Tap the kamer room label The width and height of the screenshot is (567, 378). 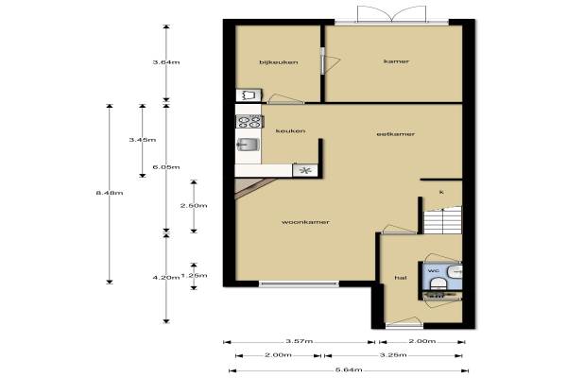[x=396, y=61]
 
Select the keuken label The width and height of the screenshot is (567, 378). [x=290, y=131]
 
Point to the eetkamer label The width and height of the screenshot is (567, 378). [x=396, y=134]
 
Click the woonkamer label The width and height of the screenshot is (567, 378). [x=305, y=222]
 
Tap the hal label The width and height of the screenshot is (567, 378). [x=401, y=278]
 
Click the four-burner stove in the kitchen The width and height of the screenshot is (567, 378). [x=249, y=121]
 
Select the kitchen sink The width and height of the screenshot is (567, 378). [x=248, y=145]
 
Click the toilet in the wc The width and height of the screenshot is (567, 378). [x=438, y=283]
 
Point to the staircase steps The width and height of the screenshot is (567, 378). [x=442, y=220]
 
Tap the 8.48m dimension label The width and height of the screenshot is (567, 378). [x=110, y=193]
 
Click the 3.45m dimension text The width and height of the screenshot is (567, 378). [x=143, y=140]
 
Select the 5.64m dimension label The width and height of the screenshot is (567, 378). [x=349, y=370]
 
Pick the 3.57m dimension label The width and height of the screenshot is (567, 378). [x=299, y=341]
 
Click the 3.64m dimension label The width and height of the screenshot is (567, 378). [x=166, y=62]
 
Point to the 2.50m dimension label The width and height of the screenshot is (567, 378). [x=194, y=205]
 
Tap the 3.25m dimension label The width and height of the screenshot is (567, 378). [x=393, y=355]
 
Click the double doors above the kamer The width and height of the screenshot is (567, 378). [x=392, y=14]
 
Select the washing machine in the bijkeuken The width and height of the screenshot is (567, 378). [x=249, y=95]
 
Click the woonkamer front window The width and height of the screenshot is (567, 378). [x=299, y=283]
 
